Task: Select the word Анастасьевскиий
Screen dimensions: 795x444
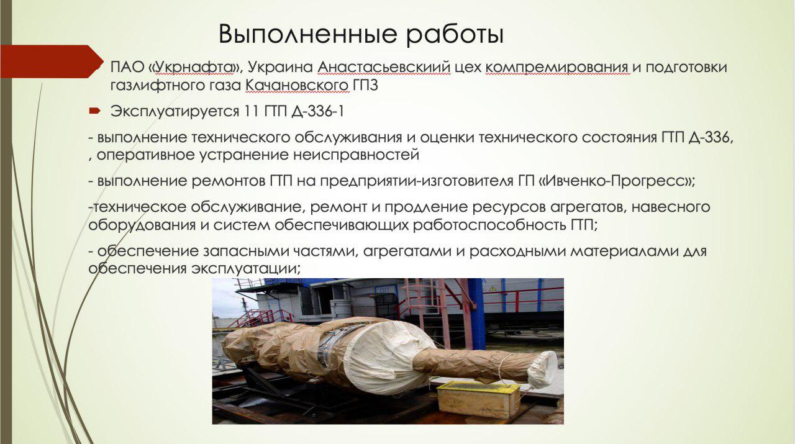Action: click(384, 67)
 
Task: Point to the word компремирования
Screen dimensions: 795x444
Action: click(557, 68)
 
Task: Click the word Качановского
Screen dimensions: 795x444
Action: click(297, 86)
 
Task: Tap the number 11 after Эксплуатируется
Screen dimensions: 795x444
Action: click(251, 111)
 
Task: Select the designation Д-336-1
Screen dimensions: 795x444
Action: click(317, 112)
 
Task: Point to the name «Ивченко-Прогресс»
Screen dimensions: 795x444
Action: click(617, 181)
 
